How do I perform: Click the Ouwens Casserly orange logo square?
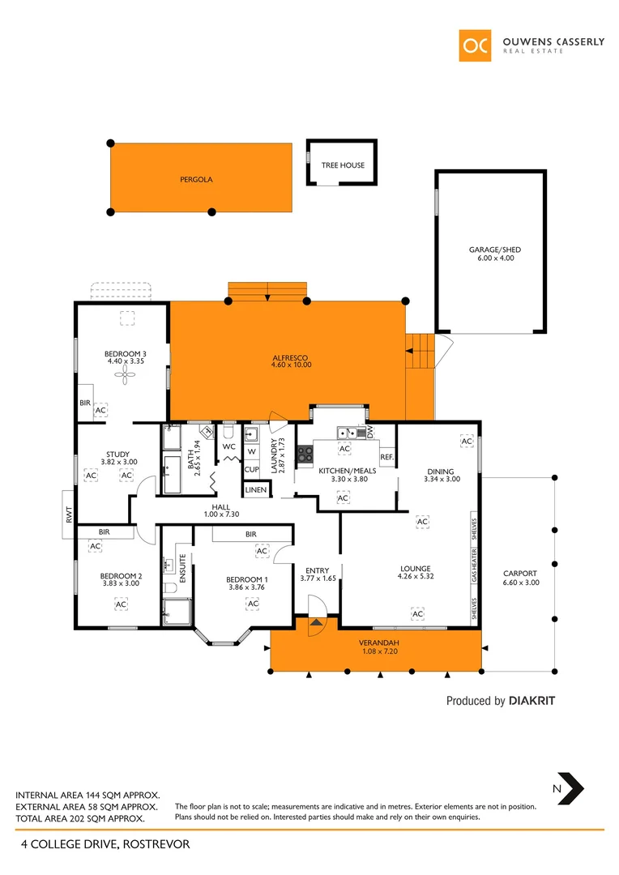[x=475, y=46]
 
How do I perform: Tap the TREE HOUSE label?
[x=343, y=165]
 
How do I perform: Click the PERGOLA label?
[x=196, y=180]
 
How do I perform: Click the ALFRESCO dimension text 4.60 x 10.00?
[x=291, y=365]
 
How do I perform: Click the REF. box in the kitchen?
[x=386, y=458]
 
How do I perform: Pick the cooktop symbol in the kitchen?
[x=305, y=455]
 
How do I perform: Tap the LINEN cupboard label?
[x=255, y=490]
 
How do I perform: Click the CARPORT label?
[x=519, y=574]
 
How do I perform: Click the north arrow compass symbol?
[x=573, y=787]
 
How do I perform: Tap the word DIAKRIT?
[x=531, y=701]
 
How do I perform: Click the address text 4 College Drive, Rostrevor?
[x=105, y=844]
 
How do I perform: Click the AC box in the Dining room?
[x=466, y=440]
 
